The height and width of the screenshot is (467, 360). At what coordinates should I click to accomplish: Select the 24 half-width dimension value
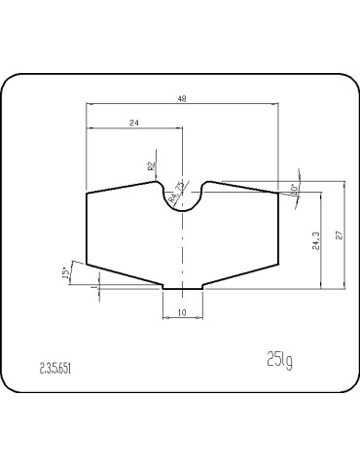(133, 123)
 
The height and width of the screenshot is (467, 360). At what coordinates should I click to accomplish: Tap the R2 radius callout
(152, 166)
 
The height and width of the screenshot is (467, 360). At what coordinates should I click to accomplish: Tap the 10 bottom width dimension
(182, 311)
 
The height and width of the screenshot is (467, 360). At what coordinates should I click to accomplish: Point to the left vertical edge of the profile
(88, 228)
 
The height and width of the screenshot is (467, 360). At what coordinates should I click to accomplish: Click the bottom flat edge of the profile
(182, 288)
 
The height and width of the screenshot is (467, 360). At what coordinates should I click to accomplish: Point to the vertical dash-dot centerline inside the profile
(182, 248)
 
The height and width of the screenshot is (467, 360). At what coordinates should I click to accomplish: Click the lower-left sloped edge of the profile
(125, 273)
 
